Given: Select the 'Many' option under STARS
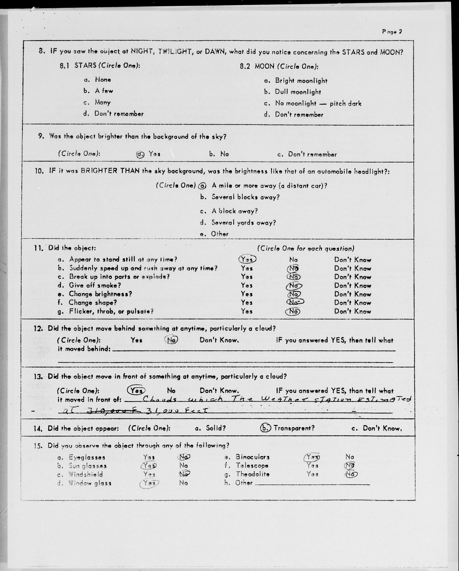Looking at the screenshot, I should [x=103, y=102].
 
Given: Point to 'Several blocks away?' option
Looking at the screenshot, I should [x=245, y=197].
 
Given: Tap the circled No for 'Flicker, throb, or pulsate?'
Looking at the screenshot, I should [x=293, y=311].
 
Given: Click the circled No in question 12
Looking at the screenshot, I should [x=171, y=340].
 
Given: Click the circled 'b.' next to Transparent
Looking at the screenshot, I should [x=265, y=428].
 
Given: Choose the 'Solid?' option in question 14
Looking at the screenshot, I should [x=216, y=428].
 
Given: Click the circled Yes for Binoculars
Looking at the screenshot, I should [x=312, y=457].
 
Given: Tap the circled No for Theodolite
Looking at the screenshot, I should [x=351, y=474].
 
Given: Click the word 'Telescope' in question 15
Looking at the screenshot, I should [x=252, y=465].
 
